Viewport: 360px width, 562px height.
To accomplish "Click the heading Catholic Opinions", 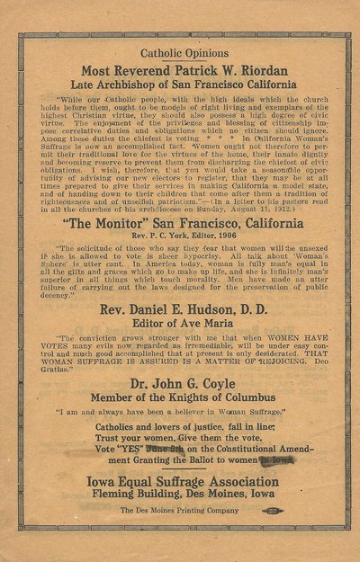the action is pyautogui.click(x=179, y=53).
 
